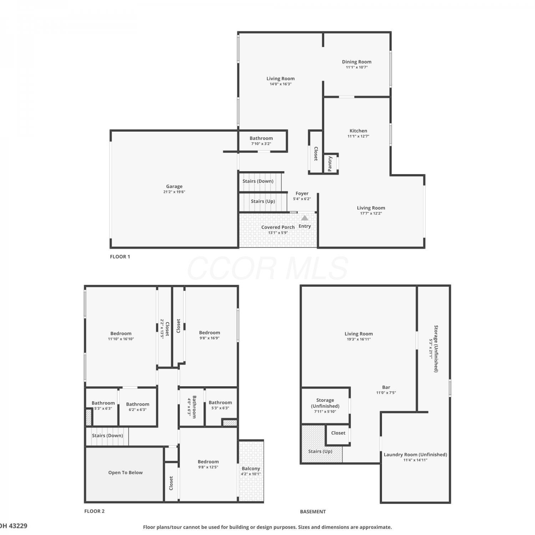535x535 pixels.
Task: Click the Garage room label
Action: click(174, 186)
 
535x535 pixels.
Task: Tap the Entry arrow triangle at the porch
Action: click(305, 218)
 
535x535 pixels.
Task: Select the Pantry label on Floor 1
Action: click(330, 164)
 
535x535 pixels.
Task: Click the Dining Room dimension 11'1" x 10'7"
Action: click(357, 67)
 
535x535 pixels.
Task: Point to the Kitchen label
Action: click(358, 131)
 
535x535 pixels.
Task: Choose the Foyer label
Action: click(302, 193)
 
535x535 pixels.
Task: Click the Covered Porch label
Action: click(278, 227)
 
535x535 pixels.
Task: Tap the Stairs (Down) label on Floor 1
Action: click(258, 181)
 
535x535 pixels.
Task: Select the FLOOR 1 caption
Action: click(120, 256)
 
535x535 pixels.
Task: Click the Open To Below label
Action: click(126, 473)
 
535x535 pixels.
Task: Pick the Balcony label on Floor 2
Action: click(251, 469)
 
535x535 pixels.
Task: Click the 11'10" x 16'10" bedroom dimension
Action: click(121, 339)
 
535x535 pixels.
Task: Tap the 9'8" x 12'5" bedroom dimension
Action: click(208, 467)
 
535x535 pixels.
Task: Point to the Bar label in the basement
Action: click(386, 387)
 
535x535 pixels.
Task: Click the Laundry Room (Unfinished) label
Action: click(415, 454)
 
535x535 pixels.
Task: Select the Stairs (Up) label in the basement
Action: click(320, 451)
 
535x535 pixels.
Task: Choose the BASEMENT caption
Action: click(313, 511)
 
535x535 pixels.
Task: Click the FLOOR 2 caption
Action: click(95, 511)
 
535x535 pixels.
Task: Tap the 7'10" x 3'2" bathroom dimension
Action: click(261, 144)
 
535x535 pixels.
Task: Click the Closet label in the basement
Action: click(338, 433)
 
